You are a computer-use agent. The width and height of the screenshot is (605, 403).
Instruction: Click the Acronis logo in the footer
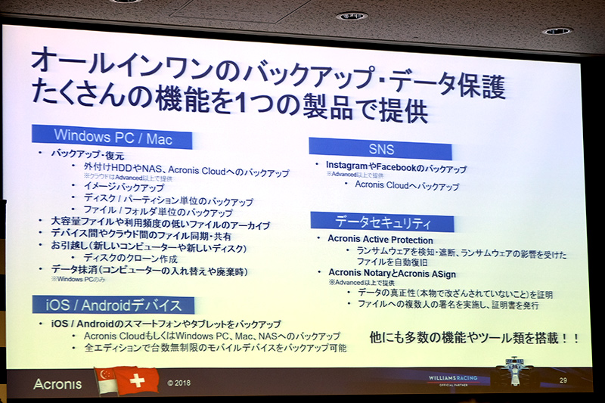point(57,383)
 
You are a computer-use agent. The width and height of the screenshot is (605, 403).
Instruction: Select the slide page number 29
point(563,380)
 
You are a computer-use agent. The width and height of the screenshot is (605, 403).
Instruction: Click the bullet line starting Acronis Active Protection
point(380,240)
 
